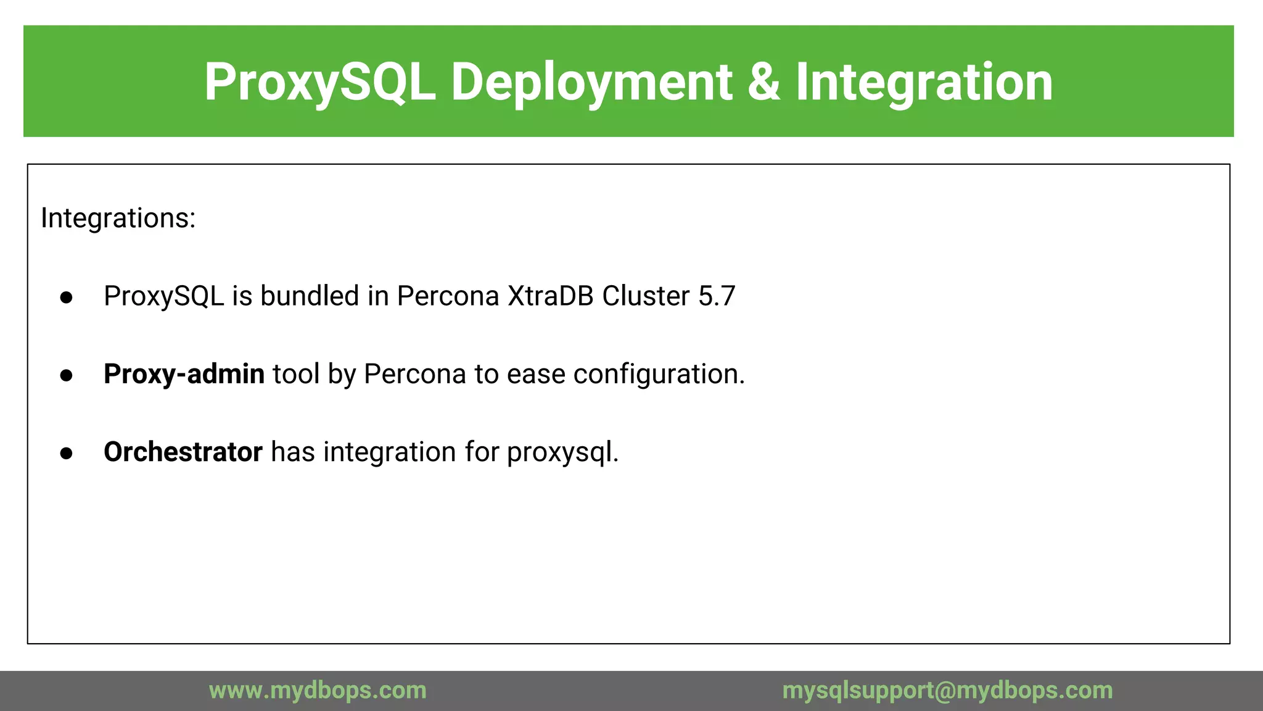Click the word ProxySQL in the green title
point(319,82)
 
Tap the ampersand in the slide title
point(763,82)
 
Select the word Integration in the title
point(924,82)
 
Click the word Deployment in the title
point(592,82)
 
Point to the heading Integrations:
point(118,218)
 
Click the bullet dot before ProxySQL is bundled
point(67,297)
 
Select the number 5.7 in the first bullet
point(717,296)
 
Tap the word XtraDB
point(551,296)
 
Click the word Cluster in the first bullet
point(645,296)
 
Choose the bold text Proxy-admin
point(184,374)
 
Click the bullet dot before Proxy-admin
point(67,375)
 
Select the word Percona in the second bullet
point(414,374)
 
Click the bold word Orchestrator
point(183,452)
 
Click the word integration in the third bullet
point(390,452)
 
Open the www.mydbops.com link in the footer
point(318,690)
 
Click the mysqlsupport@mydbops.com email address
point(947,690)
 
